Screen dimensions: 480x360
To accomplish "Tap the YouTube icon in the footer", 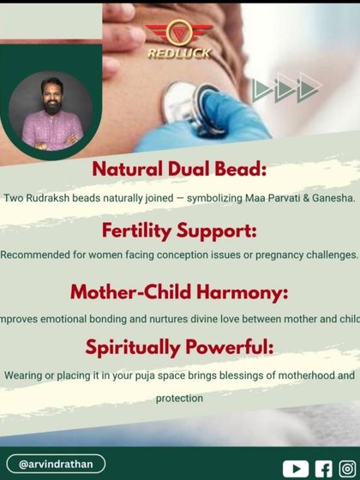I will click(x=295, y=468).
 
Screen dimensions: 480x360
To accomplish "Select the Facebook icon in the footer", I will click(x=323, y=468).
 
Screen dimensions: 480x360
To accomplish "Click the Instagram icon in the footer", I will click(x=346, y=468).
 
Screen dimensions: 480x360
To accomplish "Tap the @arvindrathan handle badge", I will click(x=56, y=464).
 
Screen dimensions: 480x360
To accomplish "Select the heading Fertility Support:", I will click(x=180, y=230).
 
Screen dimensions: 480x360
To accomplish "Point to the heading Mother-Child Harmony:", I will click(x=180, y=291).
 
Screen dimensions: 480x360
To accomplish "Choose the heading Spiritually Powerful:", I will click(x=180, y=348).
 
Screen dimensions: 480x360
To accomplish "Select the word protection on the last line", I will click(x=180, y=399).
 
